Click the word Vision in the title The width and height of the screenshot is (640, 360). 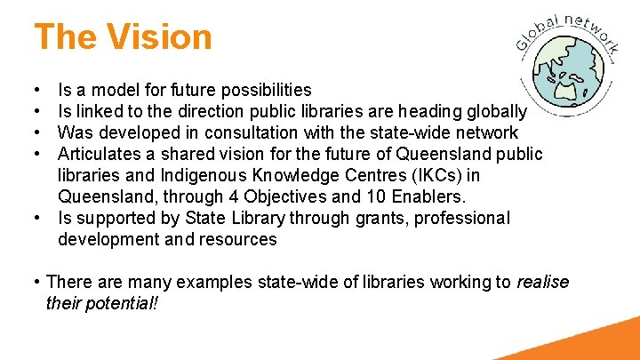coord(161,37)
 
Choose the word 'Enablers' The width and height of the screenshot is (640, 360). coord(444,196)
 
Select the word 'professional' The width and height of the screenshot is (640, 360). coord(448,218)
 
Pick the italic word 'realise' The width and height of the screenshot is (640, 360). coord(543,282)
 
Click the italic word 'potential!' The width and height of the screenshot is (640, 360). coord(125,303)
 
